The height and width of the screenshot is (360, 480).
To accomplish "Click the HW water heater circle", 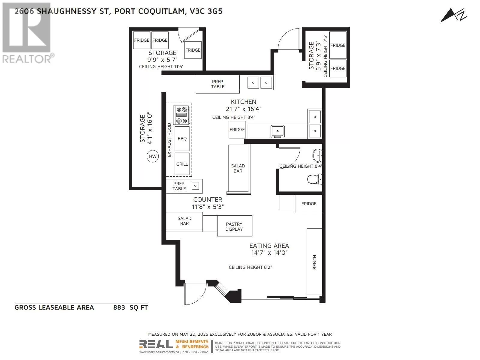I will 153,156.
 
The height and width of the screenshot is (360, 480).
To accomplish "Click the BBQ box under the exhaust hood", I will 182,139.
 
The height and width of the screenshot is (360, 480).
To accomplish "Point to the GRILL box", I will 182,164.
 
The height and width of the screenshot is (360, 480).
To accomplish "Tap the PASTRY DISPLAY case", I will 234,226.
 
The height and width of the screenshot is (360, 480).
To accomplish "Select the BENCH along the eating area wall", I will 314,261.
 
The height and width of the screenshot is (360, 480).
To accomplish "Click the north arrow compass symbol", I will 453,15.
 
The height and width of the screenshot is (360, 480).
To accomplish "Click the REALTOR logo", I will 27,33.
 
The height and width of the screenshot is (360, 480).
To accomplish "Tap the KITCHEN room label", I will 243,102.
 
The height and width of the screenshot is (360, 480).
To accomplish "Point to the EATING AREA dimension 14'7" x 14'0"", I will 269,253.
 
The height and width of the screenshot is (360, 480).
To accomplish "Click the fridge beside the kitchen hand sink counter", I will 237,130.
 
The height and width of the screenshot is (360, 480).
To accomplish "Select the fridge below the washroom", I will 309,204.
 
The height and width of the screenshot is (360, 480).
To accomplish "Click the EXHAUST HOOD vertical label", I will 169,140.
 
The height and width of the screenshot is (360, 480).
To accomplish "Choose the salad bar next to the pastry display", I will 184,221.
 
